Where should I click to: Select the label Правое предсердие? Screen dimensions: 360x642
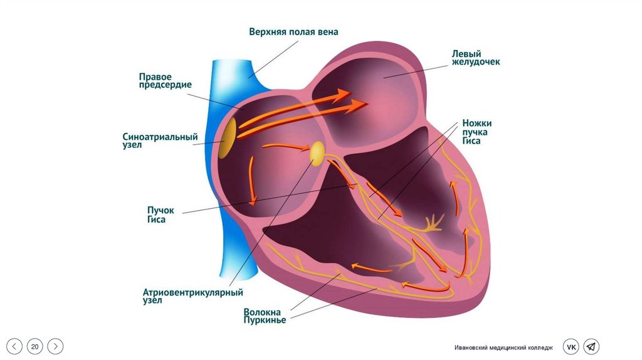165,80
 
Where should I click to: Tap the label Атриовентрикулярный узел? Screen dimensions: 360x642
192,296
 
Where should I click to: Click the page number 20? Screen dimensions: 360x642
35,346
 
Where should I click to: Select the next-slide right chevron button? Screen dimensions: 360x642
56,346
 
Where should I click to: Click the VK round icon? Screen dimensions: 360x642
571,347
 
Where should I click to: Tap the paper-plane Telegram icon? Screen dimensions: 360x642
591,347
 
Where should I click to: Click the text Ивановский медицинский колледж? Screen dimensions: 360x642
504,347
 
